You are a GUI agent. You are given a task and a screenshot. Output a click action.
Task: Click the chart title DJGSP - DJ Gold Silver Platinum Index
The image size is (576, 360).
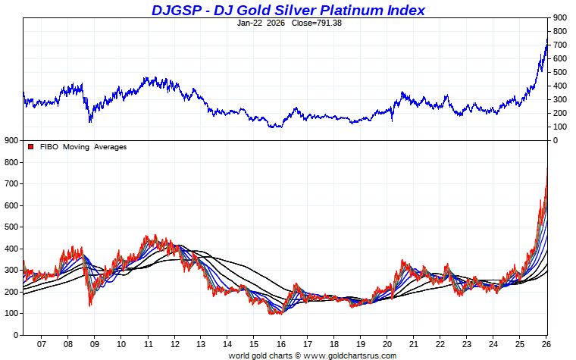[x=288, y=10]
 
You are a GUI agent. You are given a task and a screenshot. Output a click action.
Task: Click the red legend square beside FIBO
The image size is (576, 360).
[x=30, y=146]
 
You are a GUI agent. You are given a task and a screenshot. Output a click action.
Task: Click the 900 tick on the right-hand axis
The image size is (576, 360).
[x=560, y=17]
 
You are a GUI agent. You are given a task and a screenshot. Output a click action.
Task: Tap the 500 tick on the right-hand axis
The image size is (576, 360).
[x=560, y=72]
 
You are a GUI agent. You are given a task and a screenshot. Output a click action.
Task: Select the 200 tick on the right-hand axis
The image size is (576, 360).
[x=560, y=113]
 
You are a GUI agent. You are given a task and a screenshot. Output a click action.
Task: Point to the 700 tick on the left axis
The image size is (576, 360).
[x=11, y=184]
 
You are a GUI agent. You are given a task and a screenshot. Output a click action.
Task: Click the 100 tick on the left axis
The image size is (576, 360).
[x=11, y=313]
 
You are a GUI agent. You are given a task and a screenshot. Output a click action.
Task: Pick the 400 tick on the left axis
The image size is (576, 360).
[x=11, y=249]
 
